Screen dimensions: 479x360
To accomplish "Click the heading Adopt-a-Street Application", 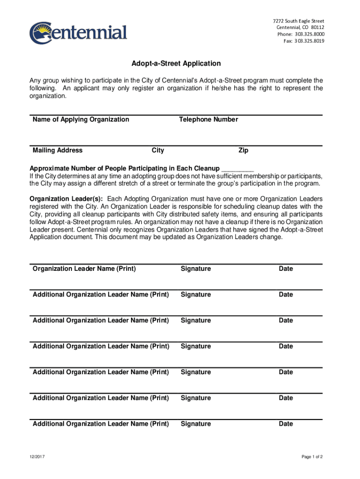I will point(176,63).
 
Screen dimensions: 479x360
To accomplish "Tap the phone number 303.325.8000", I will point(308,34).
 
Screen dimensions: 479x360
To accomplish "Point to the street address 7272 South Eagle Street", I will point(298,21).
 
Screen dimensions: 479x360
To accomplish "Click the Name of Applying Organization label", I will point(81,119).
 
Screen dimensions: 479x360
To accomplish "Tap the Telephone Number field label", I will point(208,119).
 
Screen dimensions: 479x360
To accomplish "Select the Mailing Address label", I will point(58,150).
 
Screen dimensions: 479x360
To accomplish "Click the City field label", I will point(158,150).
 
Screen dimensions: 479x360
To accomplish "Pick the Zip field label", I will point(243,150).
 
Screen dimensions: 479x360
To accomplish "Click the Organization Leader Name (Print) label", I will point(84,269).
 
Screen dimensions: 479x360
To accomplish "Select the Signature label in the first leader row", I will point(196,269).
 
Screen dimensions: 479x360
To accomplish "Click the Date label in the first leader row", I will point(286,269).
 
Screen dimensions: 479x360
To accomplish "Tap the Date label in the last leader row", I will point(286,424).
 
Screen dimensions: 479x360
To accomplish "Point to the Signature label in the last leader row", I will point(196,424).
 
